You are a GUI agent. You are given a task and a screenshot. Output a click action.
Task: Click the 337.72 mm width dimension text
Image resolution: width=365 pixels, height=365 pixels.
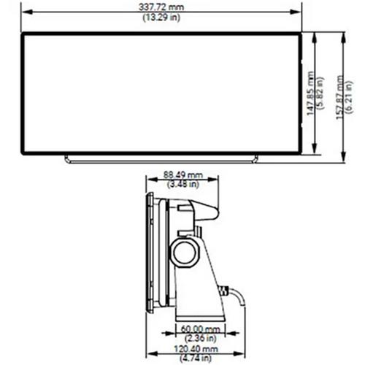click(161, 7)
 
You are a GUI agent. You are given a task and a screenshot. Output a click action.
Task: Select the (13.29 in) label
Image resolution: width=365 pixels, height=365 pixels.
click(161, 18)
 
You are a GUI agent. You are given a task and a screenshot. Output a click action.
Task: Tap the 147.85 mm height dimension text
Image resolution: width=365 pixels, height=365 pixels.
click(310, 93)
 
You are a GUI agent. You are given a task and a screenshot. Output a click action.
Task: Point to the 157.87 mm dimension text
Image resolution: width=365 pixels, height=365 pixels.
click(339, 97)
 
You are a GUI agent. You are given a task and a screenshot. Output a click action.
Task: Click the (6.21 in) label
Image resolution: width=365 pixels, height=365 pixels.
click(350, 97)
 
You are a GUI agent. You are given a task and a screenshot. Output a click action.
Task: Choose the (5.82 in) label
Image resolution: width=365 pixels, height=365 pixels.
click(320, 93)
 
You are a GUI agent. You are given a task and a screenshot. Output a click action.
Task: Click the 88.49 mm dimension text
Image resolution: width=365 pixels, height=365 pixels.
click(182, 174)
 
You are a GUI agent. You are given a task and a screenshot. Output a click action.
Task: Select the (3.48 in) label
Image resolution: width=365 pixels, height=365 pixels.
click(183, 184)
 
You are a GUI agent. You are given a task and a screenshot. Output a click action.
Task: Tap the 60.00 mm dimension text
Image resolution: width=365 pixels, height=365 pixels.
click(201, 329)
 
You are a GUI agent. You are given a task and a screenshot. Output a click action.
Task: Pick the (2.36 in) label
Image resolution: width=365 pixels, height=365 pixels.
click(201, 338)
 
